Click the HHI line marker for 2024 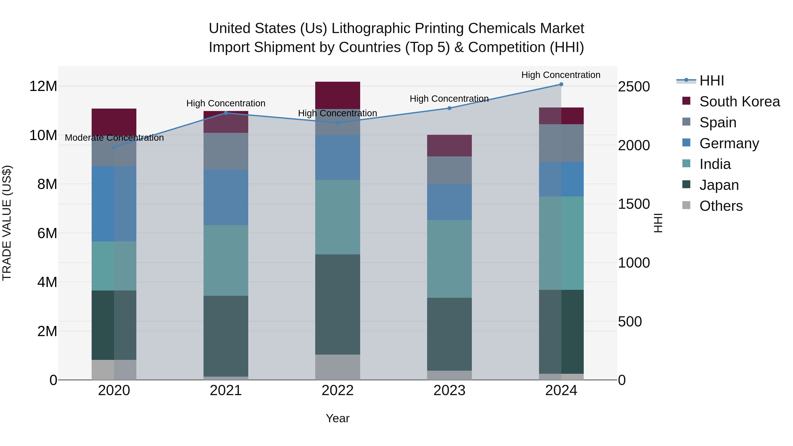click(x=561, y=84)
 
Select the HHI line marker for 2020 click(x=114, y=147)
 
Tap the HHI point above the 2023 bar click(x=449, y=108)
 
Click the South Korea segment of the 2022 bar click(x=337, y=95)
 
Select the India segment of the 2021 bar click(x=226, y=260)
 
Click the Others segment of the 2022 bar click(x=337, y=367)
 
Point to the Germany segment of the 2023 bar click(x=449, y=202)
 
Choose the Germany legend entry click(x=729, y=143)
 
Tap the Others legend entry click(x=721, y=206)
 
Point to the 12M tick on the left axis click(x=43, y=86)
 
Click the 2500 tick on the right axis click(x=634, y=87)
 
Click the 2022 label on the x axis click(x=337, y=390)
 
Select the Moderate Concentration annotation click(x=114, y=138)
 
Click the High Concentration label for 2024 click(x=561, y=75)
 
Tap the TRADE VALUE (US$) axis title click(x=7, y=223)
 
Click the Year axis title click(x=337, y=418)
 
